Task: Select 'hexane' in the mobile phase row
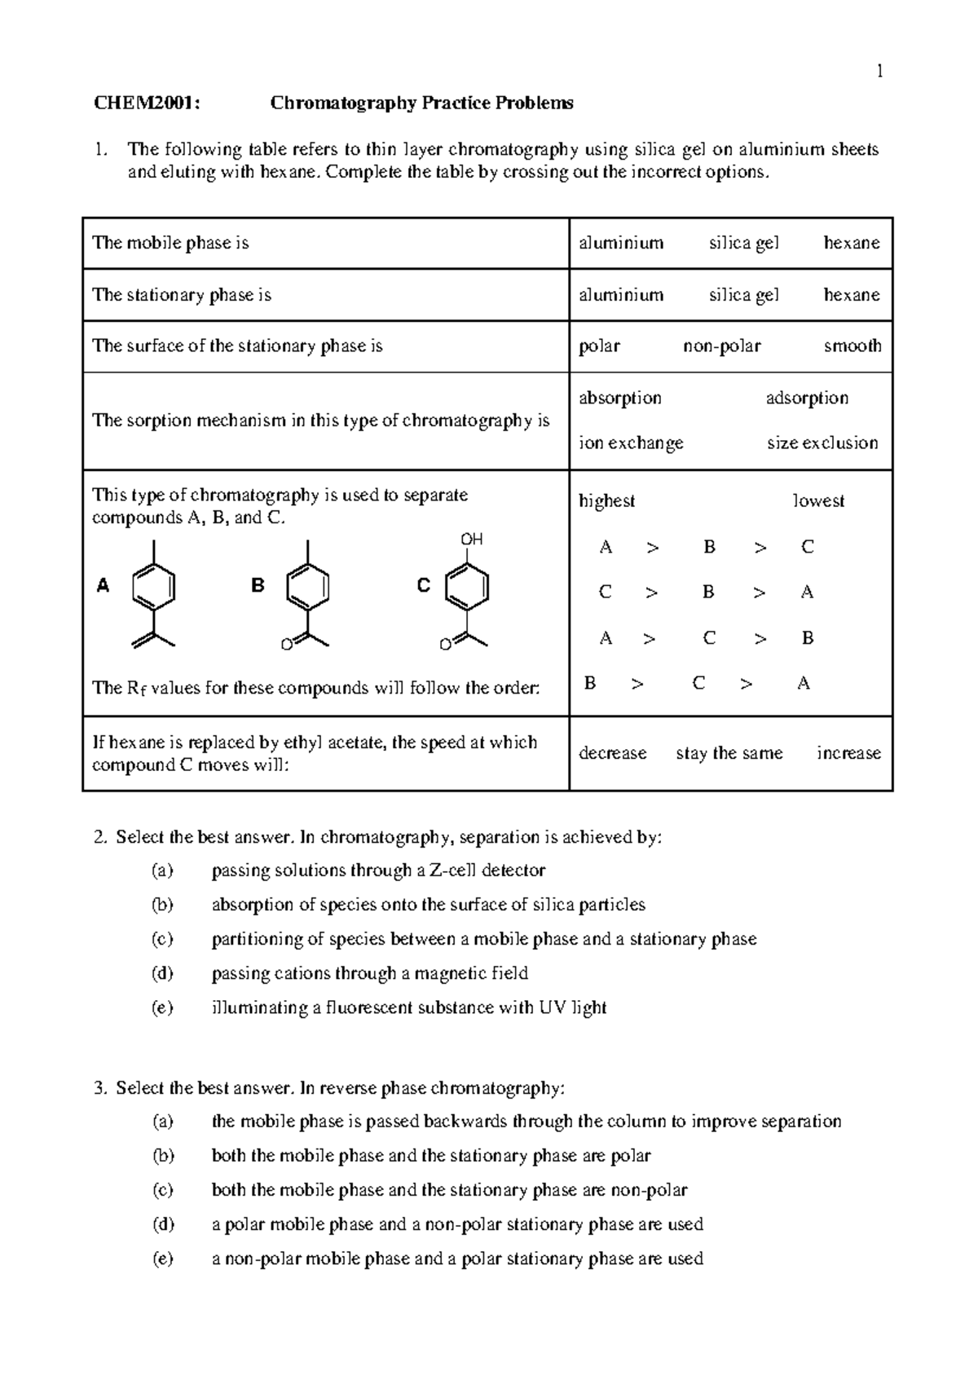coord(852,243)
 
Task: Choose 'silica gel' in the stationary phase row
coord(743,295)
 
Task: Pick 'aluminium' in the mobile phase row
coord(621,243)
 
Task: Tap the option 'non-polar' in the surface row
coord(722,346)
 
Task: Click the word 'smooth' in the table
coord(852,346)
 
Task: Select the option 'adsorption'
coord(807,399)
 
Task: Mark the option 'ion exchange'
coord(631,443)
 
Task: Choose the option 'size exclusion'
coord(822,443)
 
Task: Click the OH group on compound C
coord(472,540)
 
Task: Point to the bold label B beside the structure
coord(258,585)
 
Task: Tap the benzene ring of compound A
coord(153,586)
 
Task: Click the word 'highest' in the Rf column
coord(606,501)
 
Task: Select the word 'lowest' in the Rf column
coord(818,501)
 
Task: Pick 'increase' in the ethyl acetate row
coord(848,753)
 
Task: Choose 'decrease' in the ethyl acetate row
coord(612,753)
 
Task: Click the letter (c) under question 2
coord(162,939)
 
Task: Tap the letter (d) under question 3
coord(162,1224)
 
